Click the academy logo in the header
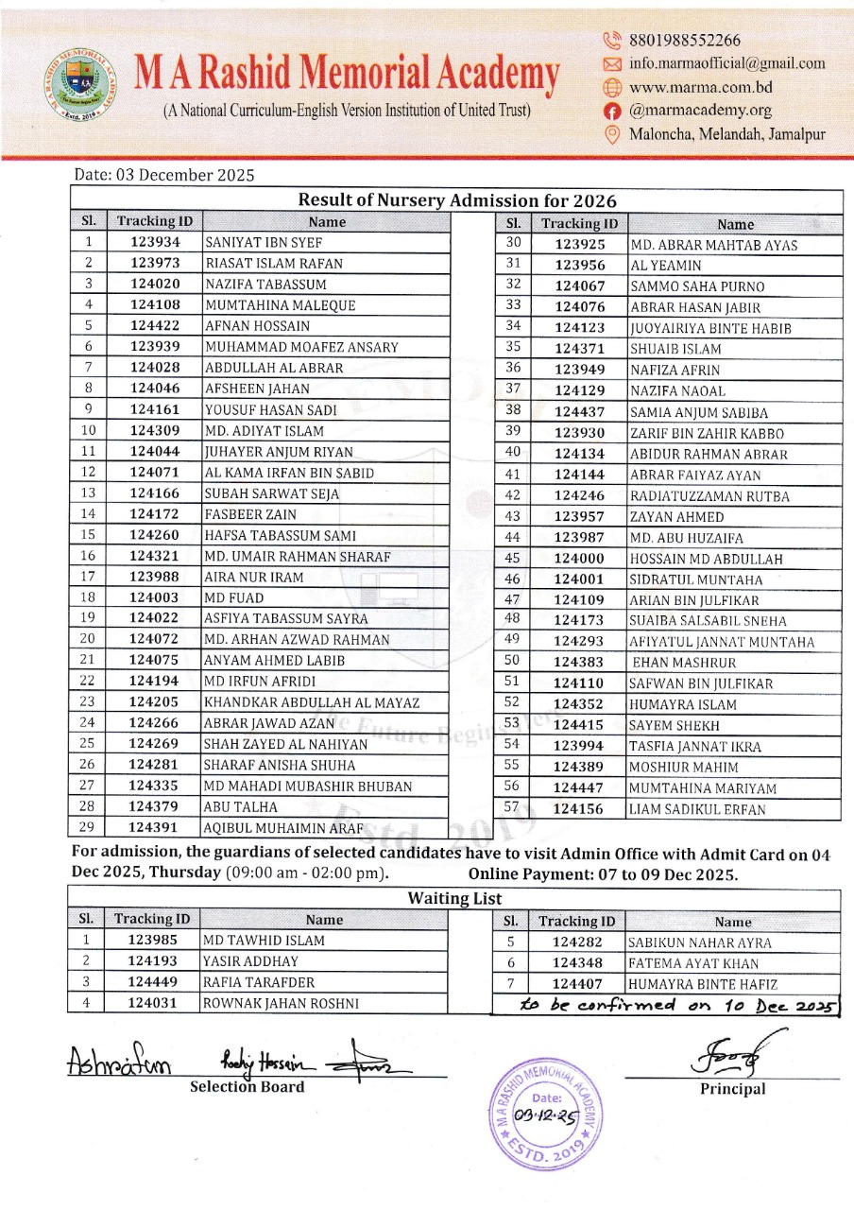(83, 83)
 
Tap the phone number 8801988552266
(685, 40)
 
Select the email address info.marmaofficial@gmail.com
(726, 63)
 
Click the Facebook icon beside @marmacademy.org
(612, 111)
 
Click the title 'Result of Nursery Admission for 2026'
(457, 200)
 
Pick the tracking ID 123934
(155, 242)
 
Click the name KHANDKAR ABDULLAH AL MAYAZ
(312, 702)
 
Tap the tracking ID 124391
(155, 828)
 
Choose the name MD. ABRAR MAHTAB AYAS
(713, 246)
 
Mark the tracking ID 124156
(579, 809)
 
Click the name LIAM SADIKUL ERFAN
(697, 809)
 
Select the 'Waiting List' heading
(454, 898)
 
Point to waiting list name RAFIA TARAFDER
(259, 981)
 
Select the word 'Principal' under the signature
(732, 1089)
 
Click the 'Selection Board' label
(248, 1086)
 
